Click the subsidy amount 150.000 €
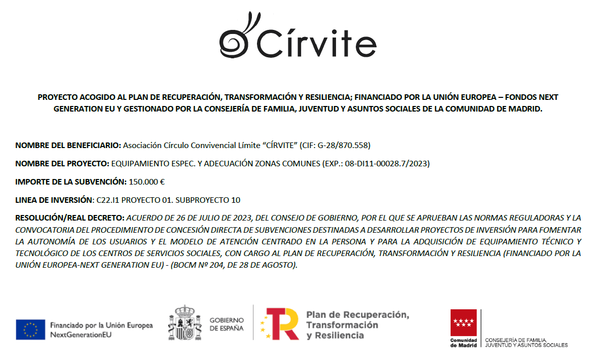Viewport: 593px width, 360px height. [146, 182]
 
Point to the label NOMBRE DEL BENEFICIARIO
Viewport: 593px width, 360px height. [68, 146]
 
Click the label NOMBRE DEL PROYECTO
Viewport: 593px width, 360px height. [62, 163]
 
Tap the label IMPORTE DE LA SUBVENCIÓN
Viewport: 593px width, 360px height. [70, 182]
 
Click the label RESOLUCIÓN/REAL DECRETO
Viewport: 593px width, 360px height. [69, 218]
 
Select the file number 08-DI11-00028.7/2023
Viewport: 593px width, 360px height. [388, 163]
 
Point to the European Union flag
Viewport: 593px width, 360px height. [30, 330]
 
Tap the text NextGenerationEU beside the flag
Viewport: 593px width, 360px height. [81, 335]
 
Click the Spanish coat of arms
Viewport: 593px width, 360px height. [181, 323]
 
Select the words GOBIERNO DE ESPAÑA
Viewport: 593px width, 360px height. [227, 324]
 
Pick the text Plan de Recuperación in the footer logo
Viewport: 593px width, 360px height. [357, 314]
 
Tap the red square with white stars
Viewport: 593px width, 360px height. [464, 322]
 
